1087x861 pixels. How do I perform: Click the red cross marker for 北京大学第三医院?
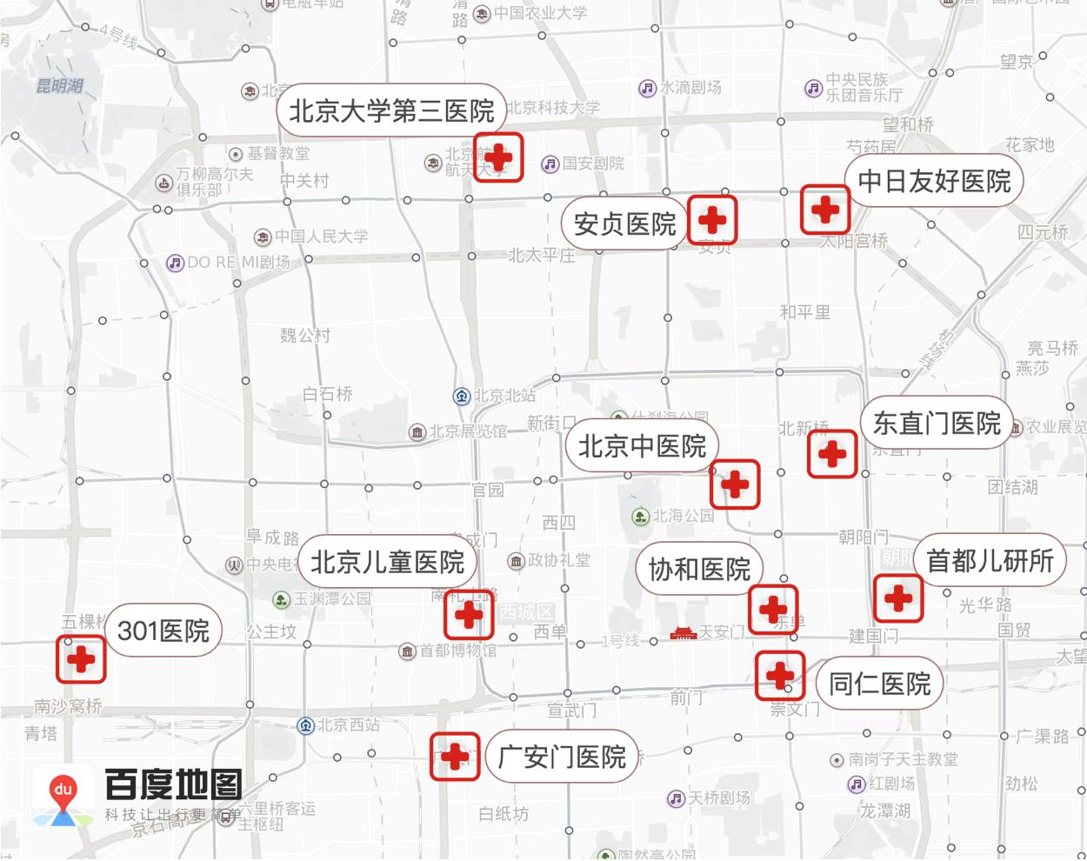(498, 157)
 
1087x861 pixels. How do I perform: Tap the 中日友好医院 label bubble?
(934, 181)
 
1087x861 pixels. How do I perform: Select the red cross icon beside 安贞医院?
(712, 219)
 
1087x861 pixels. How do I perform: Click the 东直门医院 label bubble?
(937, 424)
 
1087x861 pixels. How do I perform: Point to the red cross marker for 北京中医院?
(735, 484)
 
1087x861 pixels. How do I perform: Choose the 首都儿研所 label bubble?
(990, 561)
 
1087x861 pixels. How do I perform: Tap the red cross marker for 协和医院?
(773, 609)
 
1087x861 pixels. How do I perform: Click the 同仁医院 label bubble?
(879, 684)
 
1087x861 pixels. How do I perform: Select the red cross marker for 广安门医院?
(455, 757)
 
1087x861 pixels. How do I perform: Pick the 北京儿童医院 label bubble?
(388, 562)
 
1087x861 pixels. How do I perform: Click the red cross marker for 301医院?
(81, 659)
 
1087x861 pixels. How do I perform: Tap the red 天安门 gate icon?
(684, 633)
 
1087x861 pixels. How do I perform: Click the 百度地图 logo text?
(173, 784)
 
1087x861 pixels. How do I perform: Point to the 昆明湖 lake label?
(59, 86)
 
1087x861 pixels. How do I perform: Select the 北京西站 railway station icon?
(305, 725)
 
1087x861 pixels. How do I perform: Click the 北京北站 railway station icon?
(462, 396)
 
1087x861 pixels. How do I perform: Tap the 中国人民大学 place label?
(322, 237)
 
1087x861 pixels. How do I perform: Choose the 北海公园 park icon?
(641, 517)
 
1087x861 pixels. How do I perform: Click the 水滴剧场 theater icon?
(647, 88)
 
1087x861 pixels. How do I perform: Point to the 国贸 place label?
(1014, 629)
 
